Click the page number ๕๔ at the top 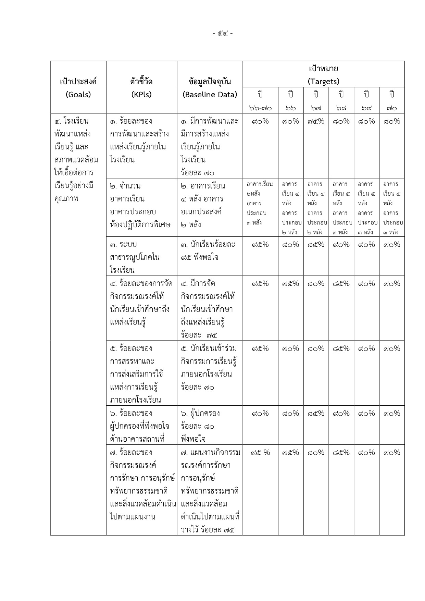[222, 33]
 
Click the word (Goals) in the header [78, 95]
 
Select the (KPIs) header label [141, 95]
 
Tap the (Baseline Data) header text [210, 95]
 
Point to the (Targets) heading [323, 82]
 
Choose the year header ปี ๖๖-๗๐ [260, 101]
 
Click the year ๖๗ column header [316, 101]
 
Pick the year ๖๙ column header [366, 101]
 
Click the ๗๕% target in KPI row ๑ [316, 121]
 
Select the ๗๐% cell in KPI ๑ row [291, 121]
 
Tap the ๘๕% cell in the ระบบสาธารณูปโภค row [316, 245]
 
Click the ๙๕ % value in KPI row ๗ [260, 453]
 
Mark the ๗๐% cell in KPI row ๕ [291, 349]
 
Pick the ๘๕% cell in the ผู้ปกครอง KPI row [316, 414]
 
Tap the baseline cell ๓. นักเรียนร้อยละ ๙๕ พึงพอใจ [208, 251]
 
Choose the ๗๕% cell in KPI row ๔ [291, 284]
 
